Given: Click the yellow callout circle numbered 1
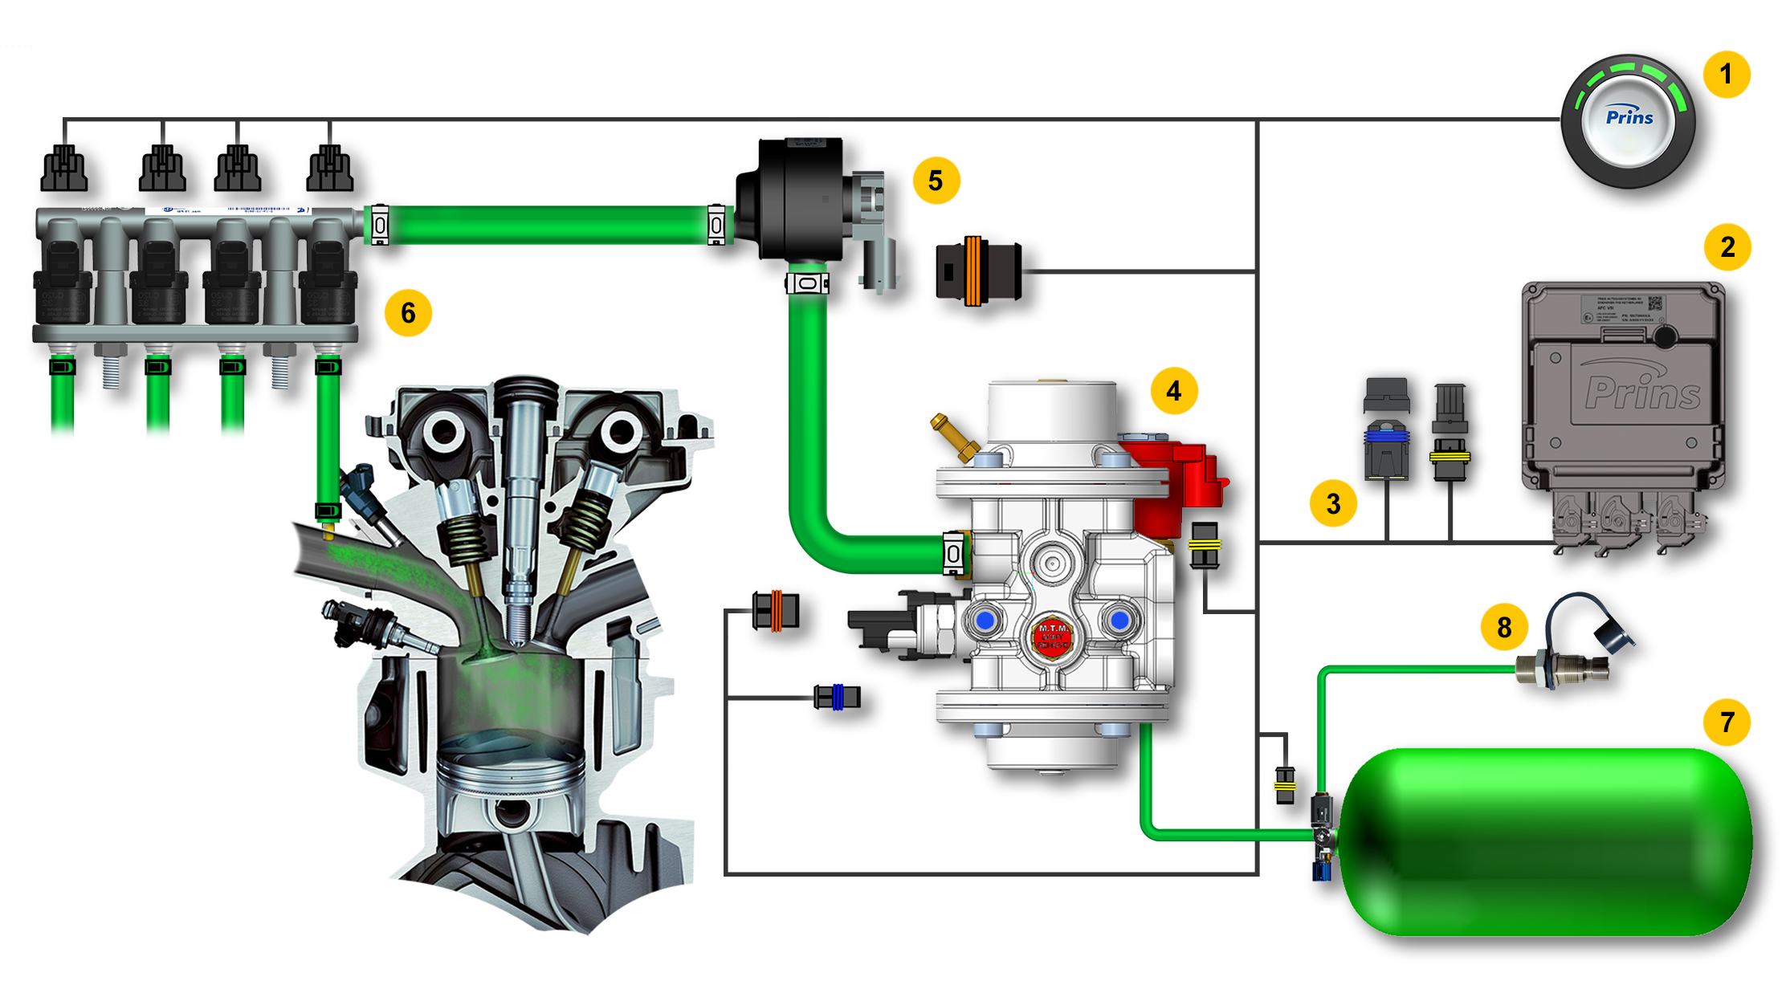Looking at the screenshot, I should [1726, 75].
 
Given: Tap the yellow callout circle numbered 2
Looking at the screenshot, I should [1727, 247].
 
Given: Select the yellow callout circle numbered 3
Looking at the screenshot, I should [1333, 503].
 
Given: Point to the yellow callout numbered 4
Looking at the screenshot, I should [1173, 391].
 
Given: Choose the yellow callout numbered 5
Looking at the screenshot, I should [936, 181].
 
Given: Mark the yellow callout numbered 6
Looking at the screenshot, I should [408, 312].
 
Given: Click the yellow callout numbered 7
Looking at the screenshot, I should [1727, 722].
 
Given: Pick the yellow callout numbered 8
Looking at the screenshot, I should [1504, 627].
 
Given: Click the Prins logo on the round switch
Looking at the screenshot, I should [1629, 117].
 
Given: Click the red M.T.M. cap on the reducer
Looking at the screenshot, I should [1052, 636].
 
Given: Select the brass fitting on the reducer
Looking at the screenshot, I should [955, 437].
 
